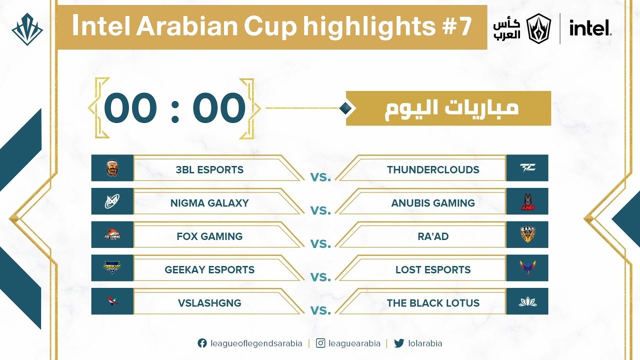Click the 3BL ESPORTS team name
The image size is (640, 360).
point(209,169)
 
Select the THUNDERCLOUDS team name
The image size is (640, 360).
point(433,169)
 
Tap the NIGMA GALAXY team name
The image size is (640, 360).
point(209,203)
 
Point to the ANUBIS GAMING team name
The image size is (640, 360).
point(433,203)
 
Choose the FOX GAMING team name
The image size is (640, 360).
point(209,236)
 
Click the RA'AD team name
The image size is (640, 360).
point(433,236)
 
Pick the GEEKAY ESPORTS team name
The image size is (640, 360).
point(209,269)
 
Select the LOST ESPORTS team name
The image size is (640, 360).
point(433,269)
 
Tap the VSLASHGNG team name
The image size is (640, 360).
point(209,303)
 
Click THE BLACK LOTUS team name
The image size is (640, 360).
point(433,303)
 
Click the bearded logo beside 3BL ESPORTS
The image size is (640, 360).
point(112,168)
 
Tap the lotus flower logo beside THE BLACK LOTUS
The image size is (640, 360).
point(527,301)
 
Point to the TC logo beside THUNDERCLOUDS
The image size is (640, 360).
point(527,168)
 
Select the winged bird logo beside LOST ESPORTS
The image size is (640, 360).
point(527,268)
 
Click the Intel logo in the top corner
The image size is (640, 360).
point(590,28)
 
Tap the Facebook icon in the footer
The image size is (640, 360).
point(202,343)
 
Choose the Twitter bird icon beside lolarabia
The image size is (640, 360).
point(398,343)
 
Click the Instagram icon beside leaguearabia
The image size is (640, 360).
point(321,343)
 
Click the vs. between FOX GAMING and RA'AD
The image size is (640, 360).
point(320,244)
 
